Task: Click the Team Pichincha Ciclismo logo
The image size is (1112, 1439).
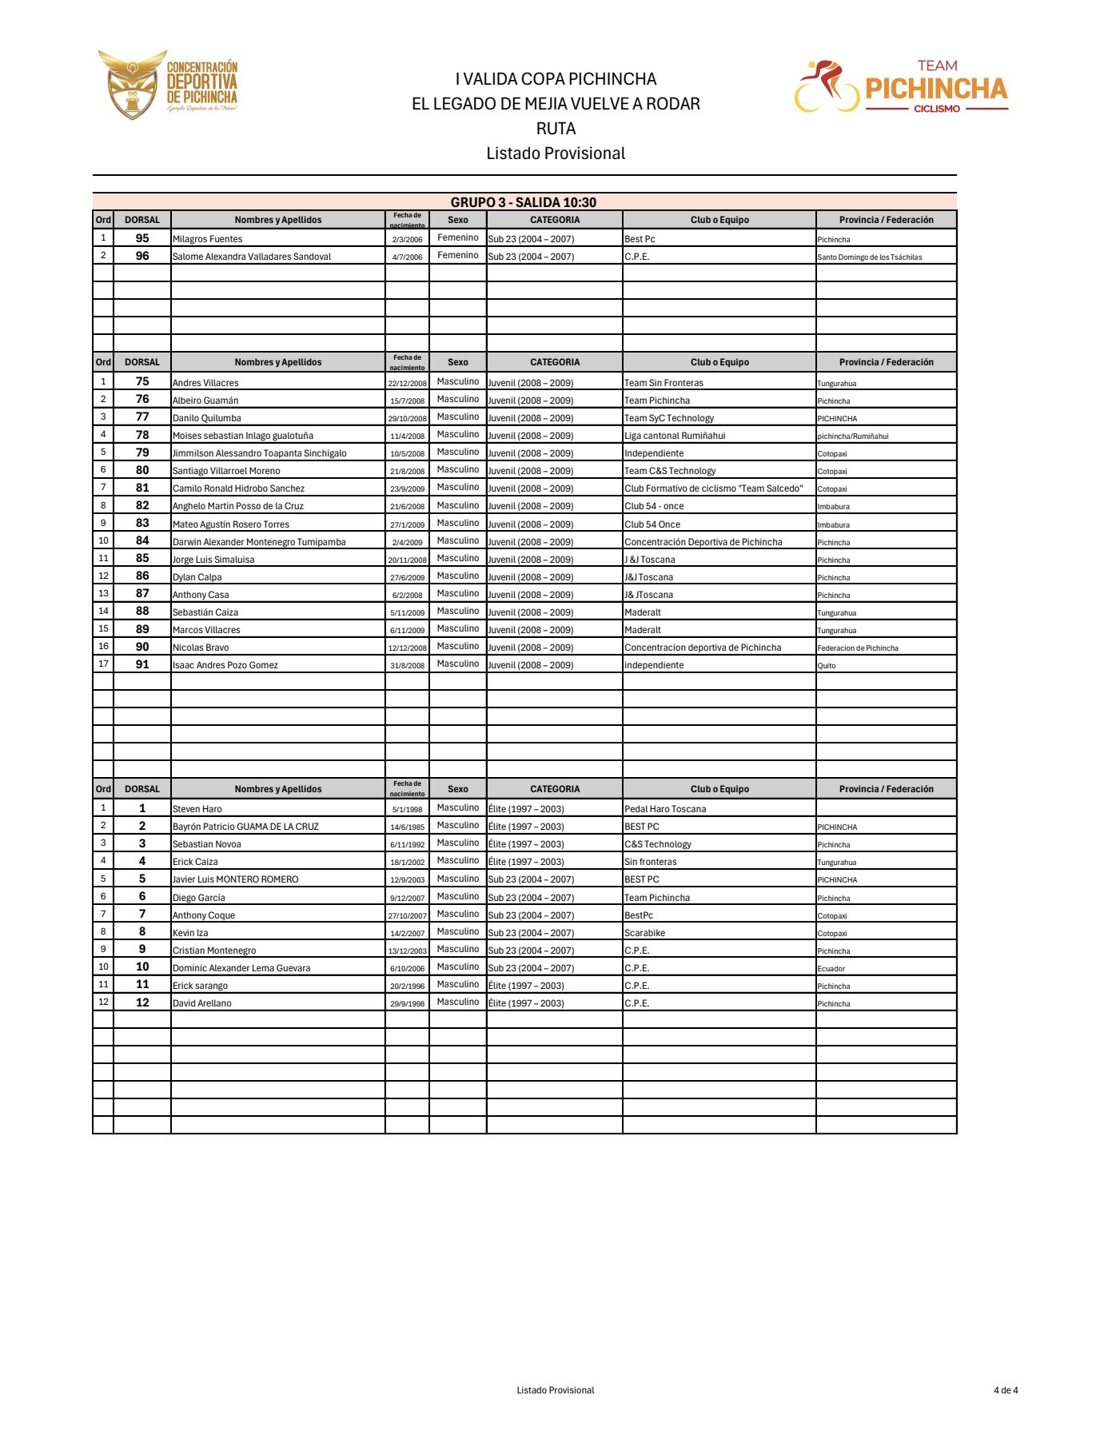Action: [901, 86]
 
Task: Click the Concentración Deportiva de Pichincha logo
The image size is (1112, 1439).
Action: [168, 85]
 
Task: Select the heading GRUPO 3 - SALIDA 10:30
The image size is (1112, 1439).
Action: [524, 202]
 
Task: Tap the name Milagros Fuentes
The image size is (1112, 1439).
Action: [207, 239]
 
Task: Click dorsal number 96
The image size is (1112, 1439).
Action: [142, 256]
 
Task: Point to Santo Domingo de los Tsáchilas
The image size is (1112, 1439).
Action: [870, 257]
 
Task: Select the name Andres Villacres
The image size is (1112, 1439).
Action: [205, 383]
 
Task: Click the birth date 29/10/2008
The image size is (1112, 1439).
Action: [407, 419]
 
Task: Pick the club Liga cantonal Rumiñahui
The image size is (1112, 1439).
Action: [675, 436]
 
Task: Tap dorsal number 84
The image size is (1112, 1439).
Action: [142, 541]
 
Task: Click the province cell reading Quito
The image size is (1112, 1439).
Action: [827, 666]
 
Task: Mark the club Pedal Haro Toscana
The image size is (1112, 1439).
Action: [665, 809]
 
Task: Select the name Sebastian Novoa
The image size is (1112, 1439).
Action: [206, 844]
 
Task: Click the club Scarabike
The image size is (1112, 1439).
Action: [644, 933]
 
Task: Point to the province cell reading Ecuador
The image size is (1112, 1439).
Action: [831, 969]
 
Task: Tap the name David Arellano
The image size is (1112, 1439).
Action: [202, 1003]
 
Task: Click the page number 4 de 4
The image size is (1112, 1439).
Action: [1006, 1390]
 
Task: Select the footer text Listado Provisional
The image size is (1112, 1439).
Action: [556, 1390]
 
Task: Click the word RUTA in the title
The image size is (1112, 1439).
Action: [556, 129]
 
